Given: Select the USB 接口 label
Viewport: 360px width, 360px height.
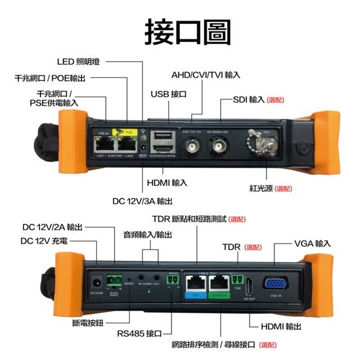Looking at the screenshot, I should (x=168, y=94).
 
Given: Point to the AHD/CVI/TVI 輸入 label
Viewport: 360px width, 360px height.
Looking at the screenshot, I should (x=205, y=75).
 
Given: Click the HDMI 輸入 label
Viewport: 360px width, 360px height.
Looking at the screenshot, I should (x=167, y=183).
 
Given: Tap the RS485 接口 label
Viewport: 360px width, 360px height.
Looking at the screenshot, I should (x=139, y=334).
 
